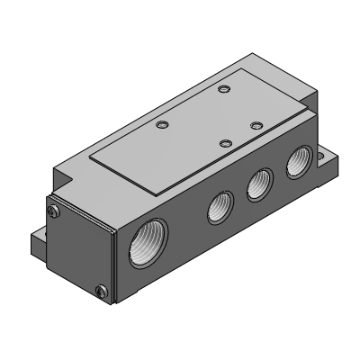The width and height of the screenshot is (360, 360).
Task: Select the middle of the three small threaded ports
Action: (x=258, y=186)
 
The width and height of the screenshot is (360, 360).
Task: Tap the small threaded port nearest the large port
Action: (x=219, y=208)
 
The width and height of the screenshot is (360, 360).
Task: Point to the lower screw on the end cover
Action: (x=100, y=290)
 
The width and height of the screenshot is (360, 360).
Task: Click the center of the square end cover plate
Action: (x=78, y=249)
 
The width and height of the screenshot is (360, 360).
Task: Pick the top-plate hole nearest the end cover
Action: (x=162, y=125)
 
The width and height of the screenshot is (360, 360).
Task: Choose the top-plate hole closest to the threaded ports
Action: (x=226, y=142)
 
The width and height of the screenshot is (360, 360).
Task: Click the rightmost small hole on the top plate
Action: (x=256, y=124)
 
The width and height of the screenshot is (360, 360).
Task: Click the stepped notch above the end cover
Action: (x=67, y=175)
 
